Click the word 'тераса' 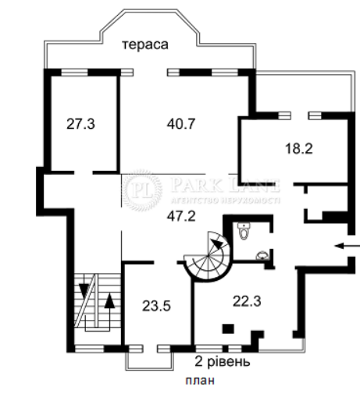145,44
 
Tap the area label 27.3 80,124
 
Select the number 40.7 181,124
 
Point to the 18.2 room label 299,149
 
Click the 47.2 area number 181,216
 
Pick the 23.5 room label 156,306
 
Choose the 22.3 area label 247,301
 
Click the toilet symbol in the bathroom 244,231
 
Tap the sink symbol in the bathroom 262,255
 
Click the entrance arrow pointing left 347,246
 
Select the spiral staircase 209,256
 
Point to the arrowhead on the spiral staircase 216,244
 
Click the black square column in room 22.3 228,328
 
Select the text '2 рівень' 223,362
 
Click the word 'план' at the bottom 200,381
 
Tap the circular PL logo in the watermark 142,190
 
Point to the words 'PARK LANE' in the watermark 226,185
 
